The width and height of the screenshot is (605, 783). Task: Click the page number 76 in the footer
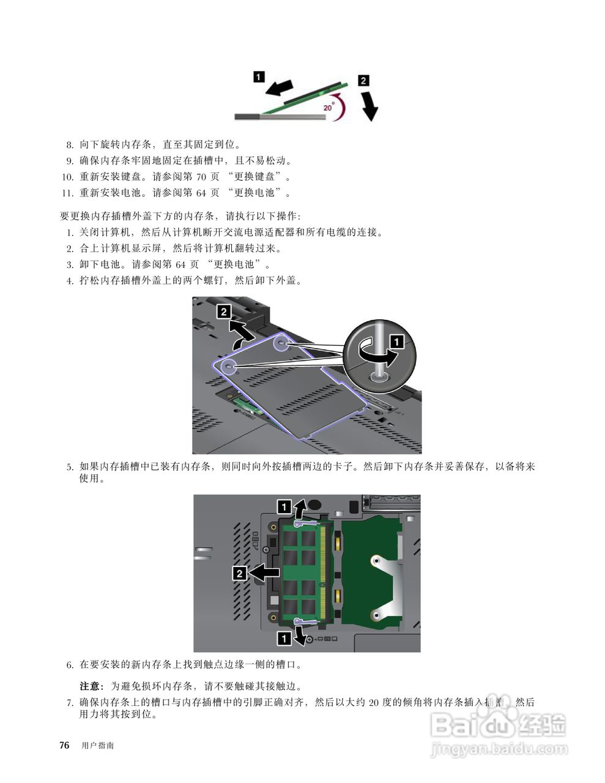64,745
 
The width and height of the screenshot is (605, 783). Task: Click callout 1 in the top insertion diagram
259,76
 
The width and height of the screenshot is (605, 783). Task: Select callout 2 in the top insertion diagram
363,80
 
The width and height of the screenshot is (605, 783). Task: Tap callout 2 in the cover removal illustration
225,311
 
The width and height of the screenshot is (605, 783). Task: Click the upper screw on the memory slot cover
281,343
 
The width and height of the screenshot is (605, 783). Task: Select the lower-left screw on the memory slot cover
229,367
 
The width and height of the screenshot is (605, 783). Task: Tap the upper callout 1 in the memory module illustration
284,506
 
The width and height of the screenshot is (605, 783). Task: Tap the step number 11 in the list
67,193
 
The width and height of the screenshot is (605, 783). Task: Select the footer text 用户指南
98,746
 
